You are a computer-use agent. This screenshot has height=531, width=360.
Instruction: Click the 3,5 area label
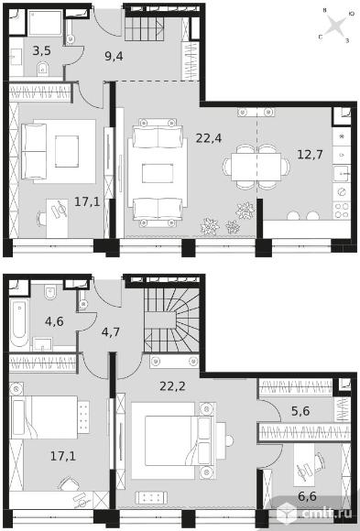click(42, 50)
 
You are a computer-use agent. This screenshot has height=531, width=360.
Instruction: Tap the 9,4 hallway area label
click(114, 56)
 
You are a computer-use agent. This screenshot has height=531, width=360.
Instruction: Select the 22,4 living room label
click(209, 138)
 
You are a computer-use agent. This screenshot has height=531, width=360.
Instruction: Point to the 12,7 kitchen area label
click(310, 155)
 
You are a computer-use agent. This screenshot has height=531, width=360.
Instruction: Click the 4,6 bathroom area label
click(54, 321)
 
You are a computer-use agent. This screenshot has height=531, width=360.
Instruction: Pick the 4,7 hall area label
click(111, 331)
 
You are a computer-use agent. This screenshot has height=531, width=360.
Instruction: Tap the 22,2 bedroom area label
click(172, 386)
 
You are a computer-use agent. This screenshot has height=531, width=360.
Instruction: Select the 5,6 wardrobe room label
click(300, 411)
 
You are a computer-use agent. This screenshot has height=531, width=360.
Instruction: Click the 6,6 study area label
click(307, 496)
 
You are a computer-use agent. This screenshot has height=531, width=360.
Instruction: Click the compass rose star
click(335, 26)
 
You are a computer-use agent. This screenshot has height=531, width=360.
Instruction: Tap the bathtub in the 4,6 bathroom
click(19, 322)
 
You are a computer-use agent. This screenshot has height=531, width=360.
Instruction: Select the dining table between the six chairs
click(256, 167)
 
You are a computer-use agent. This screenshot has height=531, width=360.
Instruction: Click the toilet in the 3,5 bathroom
click(43, 69)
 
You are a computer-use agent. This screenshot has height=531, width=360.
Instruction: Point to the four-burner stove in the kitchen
click(342, 211)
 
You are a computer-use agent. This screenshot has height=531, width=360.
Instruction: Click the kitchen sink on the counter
click(342, 174)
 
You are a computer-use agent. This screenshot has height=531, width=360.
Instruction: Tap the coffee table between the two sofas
click(158, 173)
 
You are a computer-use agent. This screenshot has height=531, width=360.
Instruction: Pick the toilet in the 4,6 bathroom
click(50, 293)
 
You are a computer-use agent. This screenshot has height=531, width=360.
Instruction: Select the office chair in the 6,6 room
click(319, 461)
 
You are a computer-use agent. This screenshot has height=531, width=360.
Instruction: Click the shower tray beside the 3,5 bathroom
click(45, 22)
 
